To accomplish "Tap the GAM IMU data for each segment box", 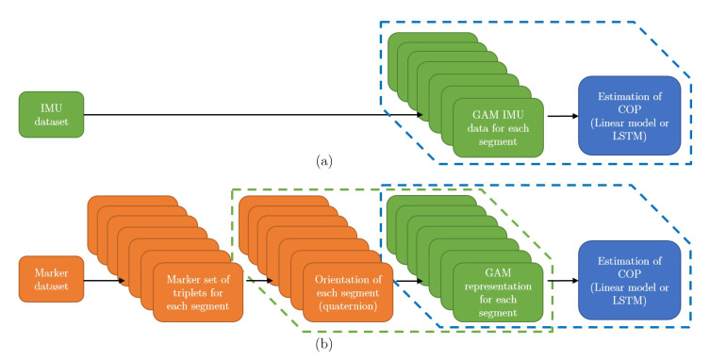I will coord(498,128).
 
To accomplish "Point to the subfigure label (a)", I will coord(325,161).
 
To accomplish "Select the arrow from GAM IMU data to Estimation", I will coord(561,116).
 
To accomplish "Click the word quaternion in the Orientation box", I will coord(347,306).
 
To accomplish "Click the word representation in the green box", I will coord(499,286).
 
